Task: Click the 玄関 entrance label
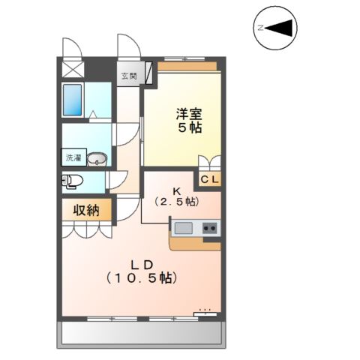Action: [130, 76]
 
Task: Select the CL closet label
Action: [210, 179]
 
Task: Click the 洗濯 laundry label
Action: [72, 158]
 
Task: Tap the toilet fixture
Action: [73, 181]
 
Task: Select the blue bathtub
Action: [73, 99]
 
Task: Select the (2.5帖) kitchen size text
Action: [176, 201]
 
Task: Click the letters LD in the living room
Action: [142, 264]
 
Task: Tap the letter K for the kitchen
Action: [178, 190]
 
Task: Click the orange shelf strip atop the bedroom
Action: [188, 65]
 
